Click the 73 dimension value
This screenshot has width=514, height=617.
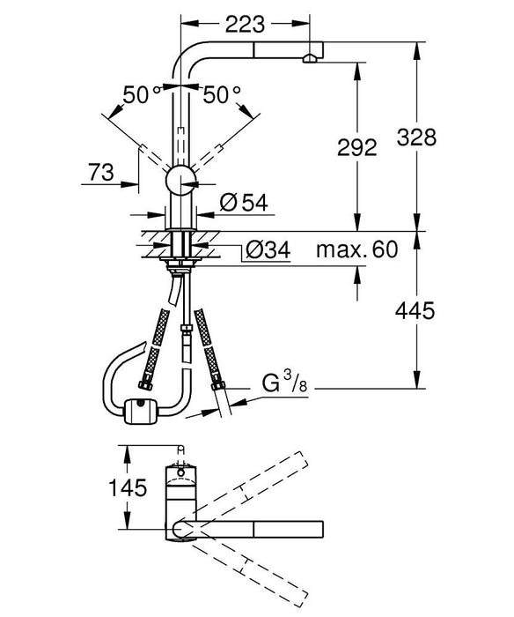(101, 174)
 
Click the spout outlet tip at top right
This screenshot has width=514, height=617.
(310, 58)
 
